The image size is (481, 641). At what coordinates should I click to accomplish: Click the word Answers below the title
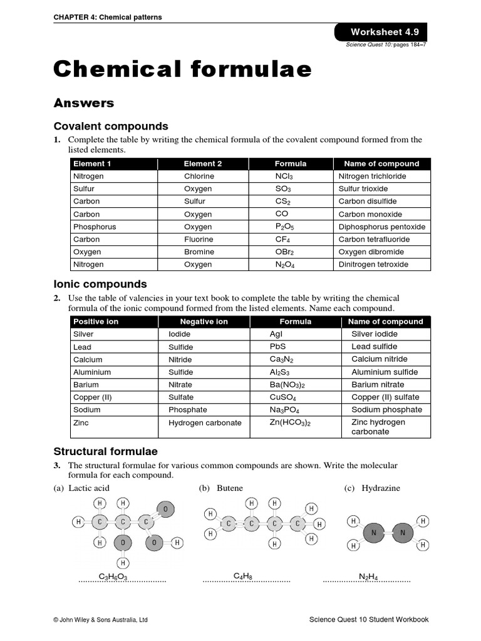(x=83, y=103)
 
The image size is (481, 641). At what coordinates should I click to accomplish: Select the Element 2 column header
(x=203, y=164)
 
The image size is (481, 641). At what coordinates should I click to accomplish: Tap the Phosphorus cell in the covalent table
(x=95, y=227)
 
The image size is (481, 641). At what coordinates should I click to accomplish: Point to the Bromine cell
(x=199, y=252)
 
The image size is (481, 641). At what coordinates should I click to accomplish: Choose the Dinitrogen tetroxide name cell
(x=373, y=264)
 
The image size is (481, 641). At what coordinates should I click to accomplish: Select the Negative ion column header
(x=204, y=322)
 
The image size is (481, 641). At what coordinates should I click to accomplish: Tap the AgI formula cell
(x=276, y=334)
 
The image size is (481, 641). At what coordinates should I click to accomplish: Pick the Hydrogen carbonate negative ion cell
(x=205, y=423)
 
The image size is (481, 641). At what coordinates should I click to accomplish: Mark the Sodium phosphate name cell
(x=386, y=409)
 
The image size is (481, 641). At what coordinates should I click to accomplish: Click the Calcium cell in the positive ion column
(x=88, y=359)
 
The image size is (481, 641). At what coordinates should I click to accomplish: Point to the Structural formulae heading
(x=105, y=451)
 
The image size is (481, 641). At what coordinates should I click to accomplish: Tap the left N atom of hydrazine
(x=374, y=533)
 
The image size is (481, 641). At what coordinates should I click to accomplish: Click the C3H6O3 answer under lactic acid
(x=113, y=576)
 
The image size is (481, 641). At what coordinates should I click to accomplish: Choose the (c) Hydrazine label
(x=372, y=488)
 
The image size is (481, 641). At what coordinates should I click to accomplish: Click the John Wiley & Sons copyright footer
(x=101, y=620)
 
